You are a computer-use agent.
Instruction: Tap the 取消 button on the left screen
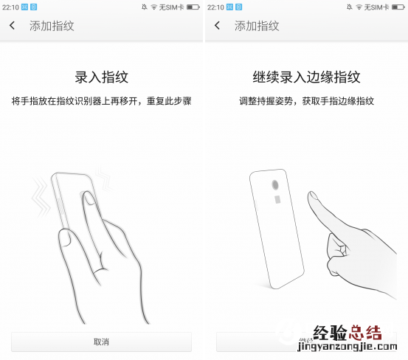point(101,342)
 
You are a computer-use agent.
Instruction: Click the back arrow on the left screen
point(13,26)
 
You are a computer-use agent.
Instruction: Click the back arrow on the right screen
point(217,26)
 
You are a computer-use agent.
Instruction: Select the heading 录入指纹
point(101,77)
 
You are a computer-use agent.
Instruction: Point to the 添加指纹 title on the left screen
point(52,26)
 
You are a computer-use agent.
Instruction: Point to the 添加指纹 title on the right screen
point(257,26)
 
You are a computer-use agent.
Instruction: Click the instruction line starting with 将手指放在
point(101,100)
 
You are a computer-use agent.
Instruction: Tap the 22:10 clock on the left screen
point(10,6)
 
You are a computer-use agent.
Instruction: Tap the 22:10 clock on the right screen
point(215,6)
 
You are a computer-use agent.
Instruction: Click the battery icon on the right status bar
point(398,7)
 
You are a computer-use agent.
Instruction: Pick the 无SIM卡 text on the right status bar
point(377,7)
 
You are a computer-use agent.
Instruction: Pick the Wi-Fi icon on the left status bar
point(153,7)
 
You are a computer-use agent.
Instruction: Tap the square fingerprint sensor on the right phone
point(277,199)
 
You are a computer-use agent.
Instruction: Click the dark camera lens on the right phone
point(275,185)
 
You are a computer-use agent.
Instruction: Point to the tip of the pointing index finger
point(313,198)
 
